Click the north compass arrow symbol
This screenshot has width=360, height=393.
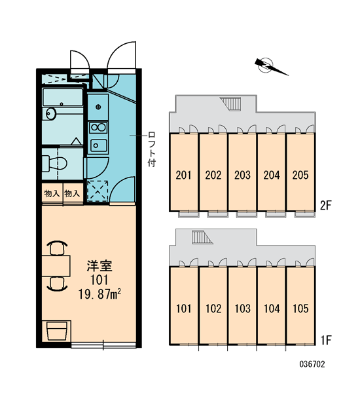(268, 65)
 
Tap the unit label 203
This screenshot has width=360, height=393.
(242, 175)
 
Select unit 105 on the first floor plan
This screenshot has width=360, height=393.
(300, 305)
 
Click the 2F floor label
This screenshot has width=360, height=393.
(326, 206)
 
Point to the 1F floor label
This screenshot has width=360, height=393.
(326, 340)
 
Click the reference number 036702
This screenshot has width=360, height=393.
(312, 364)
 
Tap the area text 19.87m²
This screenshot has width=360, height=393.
(99, 294)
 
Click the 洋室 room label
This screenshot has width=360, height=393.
(99, 266)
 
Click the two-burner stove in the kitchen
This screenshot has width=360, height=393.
(98, 127)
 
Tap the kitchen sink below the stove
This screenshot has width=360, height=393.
(98, 145)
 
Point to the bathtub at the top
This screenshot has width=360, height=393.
(63, 97)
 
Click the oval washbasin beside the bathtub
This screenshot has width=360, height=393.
(51, 114)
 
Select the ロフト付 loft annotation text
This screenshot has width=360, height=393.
(152, 149)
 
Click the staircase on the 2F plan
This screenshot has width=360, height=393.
(230, 103)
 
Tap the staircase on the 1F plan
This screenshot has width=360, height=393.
(202, 237)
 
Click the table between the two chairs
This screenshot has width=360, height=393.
(56, 266)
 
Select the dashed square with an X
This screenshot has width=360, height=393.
(98, 191)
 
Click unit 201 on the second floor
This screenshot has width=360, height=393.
(184, 172)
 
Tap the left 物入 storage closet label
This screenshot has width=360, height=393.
(52, 193)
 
